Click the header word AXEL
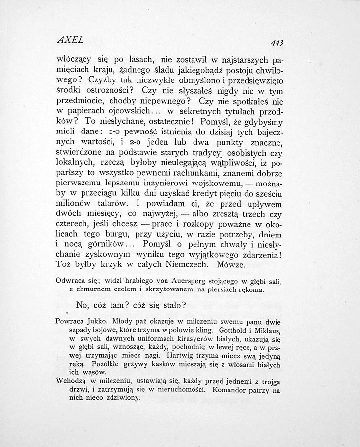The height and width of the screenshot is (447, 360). pyautogui.click(x=71, y=39)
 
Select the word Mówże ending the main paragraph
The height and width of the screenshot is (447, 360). pyautogui.click(x=238, y=264)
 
